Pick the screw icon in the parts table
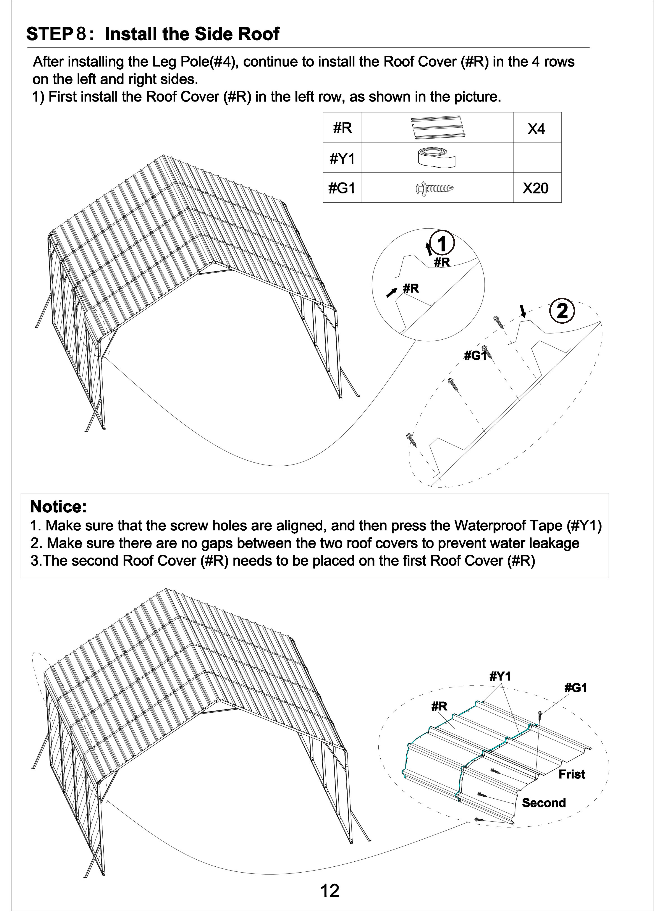coord(436,188)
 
